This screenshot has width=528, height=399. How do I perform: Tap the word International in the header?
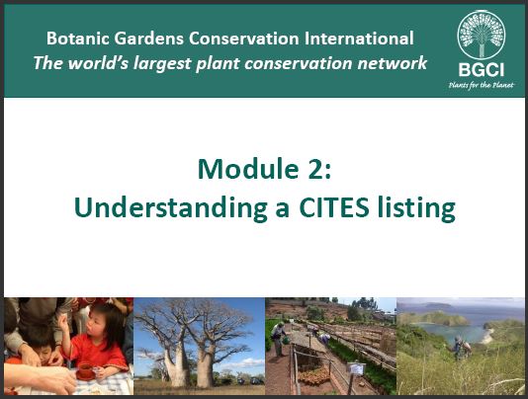(359, 38)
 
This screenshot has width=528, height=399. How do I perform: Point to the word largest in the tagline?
(162, 64)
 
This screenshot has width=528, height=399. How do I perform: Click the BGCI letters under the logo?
(482, 70)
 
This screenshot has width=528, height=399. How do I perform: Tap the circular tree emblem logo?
(482, 35)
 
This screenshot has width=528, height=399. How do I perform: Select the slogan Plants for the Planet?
(482, 85)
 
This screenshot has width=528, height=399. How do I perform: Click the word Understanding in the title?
(171, 207)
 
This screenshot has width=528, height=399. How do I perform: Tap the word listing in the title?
(416, 208)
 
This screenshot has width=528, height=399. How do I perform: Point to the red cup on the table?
(85, 370)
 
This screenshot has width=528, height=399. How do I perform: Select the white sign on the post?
(356, 368)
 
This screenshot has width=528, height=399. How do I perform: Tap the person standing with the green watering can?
(279, 339)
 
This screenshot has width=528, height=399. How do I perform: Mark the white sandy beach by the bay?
(487, 337)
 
